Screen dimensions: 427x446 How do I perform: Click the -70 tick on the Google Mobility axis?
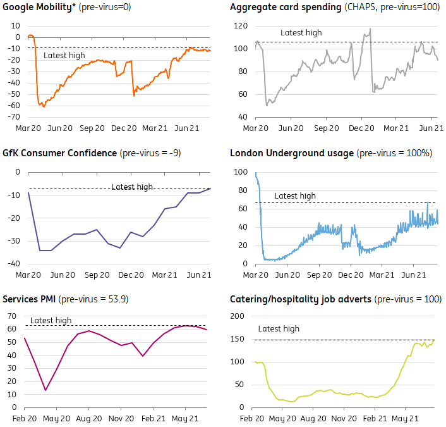pos(13,117)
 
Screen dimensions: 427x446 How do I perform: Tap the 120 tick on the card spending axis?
pos(239,26)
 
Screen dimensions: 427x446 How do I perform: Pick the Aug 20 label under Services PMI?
pos(88,418)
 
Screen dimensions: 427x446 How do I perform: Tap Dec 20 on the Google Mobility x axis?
pos(123,128)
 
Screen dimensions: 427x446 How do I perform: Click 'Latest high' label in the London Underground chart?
pos(295,196)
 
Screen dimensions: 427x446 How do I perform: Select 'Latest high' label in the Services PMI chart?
pos(51,321)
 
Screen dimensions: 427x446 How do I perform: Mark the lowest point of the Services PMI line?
pos(45,390)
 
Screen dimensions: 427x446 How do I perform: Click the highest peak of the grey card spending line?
pos(370,28)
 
